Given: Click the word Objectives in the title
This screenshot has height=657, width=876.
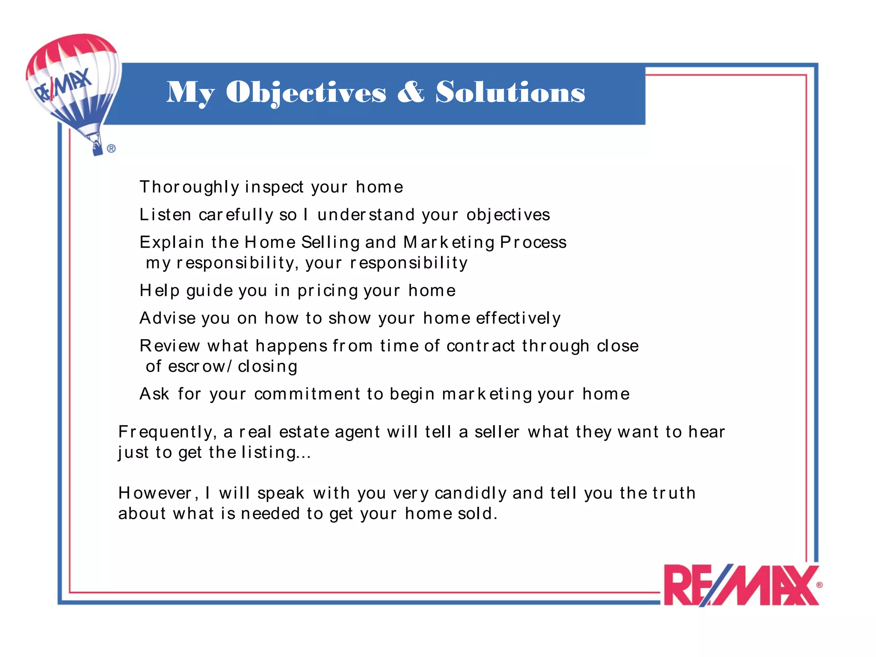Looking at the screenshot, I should tap(306, 92).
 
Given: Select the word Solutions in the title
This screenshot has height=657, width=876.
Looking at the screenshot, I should tap(510, 92).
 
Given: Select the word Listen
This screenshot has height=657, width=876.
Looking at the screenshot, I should tap(165, 215).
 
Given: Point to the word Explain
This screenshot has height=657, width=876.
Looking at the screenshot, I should tap(172, 243).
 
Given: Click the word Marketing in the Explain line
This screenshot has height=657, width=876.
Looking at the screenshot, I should tap(449, 243).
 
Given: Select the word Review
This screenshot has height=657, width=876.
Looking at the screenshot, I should tap(170, 346).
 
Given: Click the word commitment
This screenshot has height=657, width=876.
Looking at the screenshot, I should tap(307, 394).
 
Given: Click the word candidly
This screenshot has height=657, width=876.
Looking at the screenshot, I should tap(471, 493).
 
